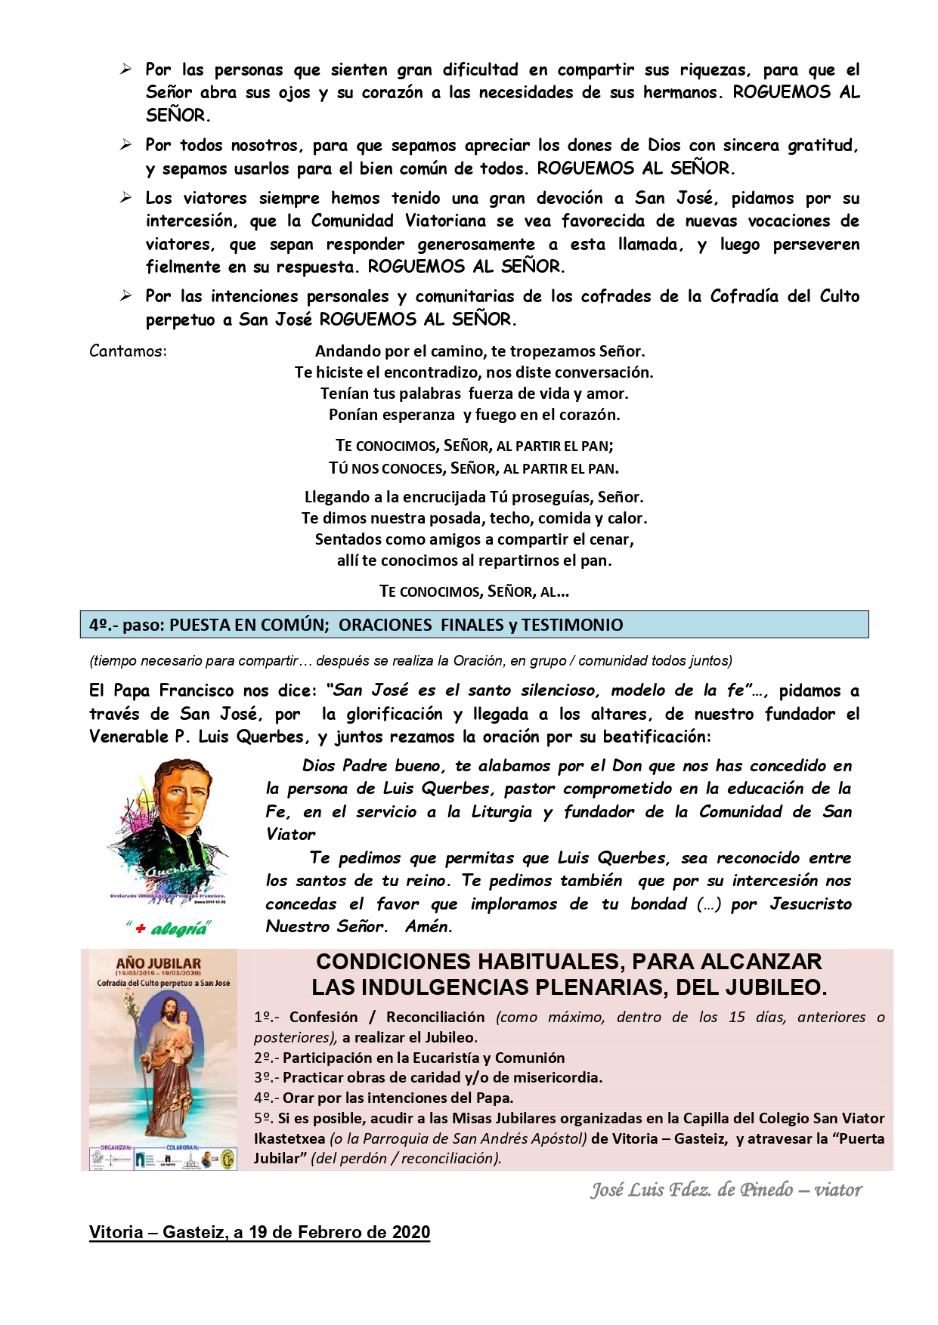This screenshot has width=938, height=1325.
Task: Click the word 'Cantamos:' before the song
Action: pyautogui.click(x=128, y=351)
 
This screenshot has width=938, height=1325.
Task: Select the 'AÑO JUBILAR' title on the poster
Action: pyautogui.click(x=158, y=963)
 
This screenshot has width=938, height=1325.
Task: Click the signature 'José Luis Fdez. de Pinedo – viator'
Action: pyautogui.click(x=726, y=1191)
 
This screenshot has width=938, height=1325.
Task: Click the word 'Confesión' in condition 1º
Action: pyautogui.click(x=324, y=1017)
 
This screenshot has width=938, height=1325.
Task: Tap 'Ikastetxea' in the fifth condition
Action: pyautogui.click(x=289, y=1138)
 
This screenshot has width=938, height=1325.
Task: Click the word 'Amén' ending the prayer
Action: pyautogui.click(x=428, y=927)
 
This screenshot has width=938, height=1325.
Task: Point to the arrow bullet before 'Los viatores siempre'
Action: pyautogui.click(x=126, y=198)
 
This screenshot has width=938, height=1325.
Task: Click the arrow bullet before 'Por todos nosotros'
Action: pyautogui.click(x=126, y=145)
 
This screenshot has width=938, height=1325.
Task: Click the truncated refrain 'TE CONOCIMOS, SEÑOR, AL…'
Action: pyautogui.click(x=474, y=591)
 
